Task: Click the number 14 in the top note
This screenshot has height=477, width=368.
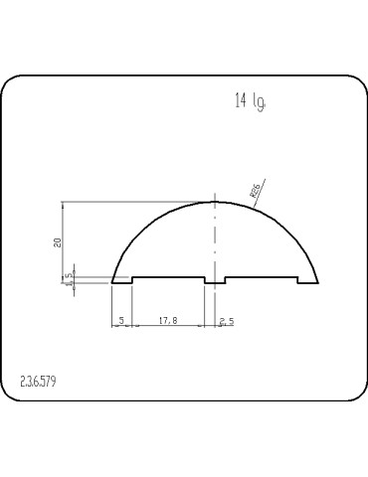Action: tap(241, 100)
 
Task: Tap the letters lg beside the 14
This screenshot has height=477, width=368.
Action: tap(259, 101)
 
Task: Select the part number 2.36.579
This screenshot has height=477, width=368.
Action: tap(39, 381)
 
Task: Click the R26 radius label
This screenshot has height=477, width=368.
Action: tap(255, 192)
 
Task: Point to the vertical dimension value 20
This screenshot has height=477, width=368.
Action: tap(58, 240)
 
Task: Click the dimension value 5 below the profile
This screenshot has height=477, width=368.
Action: tap(121, 321)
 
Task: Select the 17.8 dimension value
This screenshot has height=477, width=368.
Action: tap(168, 321)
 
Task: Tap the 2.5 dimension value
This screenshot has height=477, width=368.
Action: tap(226, 321)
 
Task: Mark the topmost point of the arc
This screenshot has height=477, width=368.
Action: tap(215, 202)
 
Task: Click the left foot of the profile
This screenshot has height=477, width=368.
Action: tap(121, 281)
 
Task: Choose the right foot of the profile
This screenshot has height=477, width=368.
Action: tap(307, 281)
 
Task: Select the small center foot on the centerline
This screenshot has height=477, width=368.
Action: tap(215, 281)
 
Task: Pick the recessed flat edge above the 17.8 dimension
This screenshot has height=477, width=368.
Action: tap(168, 277)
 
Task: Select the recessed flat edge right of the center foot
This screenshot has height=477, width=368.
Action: tap(262, 277)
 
